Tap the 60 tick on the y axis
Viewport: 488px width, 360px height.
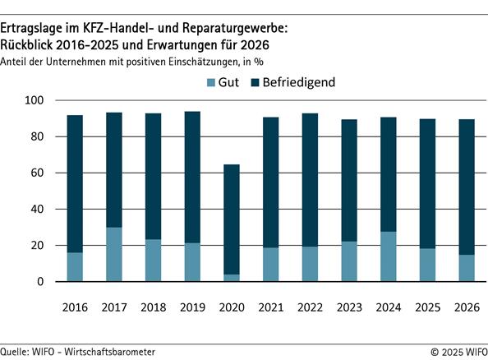click(46, 173)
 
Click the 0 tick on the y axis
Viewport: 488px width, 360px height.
click(49, 282)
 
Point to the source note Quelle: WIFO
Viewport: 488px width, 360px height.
click(78, 351)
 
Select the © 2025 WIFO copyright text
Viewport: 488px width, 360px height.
click(453, 351)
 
